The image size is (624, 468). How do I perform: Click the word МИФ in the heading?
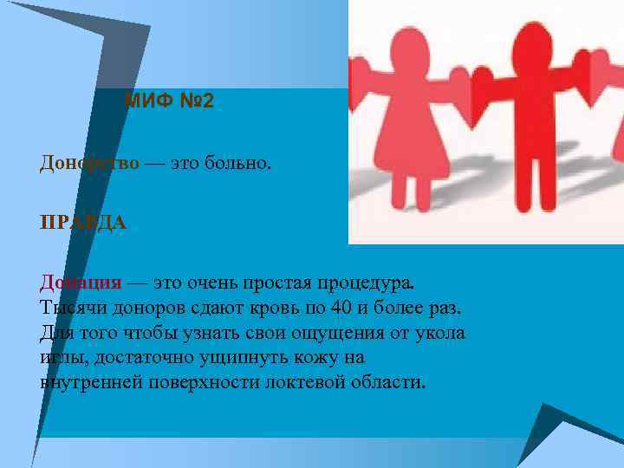(x=144, y=101)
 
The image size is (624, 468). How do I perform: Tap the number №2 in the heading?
(x=192, y=101)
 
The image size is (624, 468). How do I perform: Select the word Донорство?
(x=88, y=164)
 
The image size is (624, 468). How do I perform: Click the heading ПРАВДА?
(x=83, y=223)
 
